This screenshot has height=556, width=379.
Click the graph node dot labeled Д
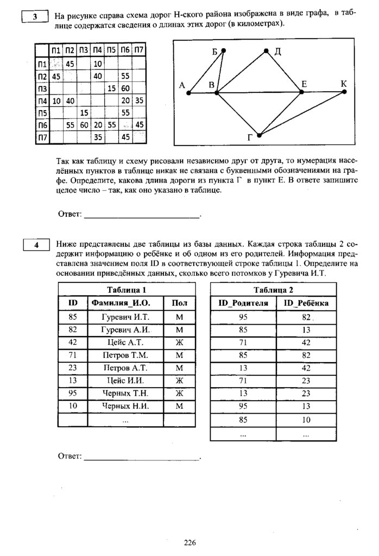[267, 51]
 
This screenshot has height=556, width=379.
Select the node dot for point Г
[260, 135]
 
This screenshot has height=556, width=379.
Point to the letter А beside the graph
[182, 85]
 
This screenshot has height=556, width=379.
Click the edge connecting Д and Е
[284, 72]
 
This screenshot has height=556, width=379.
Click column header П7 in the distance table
[138, 50]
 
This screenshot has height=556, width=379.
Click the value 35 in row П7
[98, 138]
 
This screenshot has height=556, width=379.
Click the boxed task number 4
[36, 245]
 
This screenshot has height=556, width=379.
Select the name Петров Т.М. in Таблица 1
[125, 355]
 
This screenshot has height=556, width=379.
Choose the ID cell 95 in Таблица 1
[73, 393]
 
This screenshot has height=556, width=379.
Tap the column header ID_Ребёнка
[306, 303]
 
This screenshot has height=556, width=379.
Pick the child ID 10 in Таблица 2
[306, 419]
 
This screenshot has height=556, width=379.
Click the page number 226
[189, 542]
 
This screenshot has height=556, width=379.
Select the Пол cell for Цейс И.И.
[179, 380]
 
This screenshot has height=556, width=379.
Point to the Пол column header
[179, 303]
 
